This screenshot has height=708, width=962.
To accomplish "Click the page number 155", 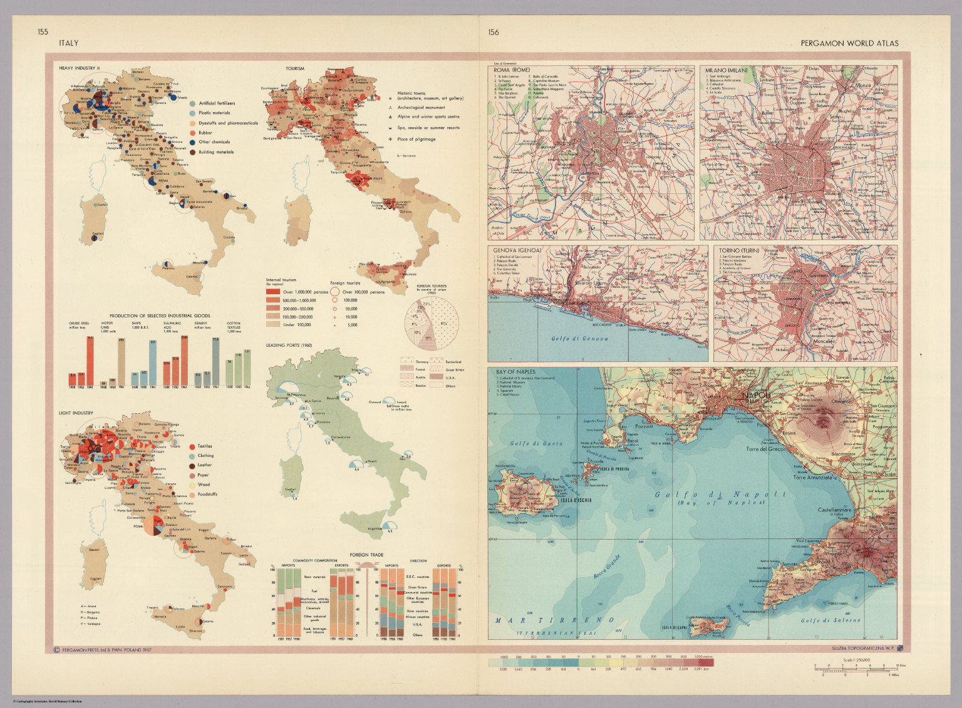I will point(43,33).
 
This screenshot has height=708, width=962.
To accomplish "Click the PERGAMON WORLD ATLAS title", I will point(849,43).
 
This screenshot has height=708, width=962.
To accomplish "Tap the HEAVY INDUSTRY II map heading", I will point(79,68).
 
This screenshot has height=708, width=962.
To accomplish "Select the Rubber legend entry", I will point(207,133).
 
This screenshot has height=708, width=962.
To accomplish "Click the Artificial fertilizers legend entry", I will point(216,103).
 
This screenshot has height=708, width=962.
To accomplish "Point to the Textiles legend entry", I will point(204,446).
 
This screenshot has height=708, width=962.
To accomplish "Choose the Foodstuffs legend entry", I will point(207,494).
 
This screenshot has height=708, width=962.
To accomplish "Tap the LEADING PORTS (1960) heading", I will point(289,346).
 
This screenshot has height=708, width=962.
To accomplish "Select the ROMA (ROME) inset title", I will point(512,70).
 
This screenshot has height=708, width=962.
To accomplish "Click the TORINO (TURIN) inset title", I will point(739,250).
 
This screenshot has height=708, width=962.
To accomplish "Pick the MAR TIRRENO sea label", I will point(553,620).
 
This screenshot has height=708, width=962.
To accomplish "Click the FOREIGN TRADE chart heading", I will point(366,555).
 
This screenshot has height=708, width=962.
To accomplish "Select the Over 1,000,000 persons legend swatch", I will point(273,292).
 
